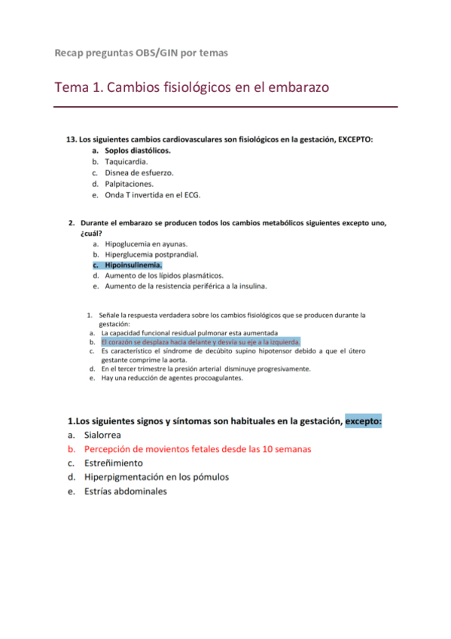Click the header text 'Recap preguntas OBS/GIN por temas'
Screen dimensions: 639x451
tap(142, 53)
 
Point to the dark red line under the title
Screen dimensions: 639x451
tap(226, 107)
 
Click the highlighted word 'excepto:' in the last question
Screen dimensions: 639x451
tap(364, 420)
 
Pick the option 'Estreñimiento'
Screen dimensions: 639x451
tap(113, 463)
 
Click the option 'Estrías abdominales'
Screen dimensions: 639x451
tap(126, 491)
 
